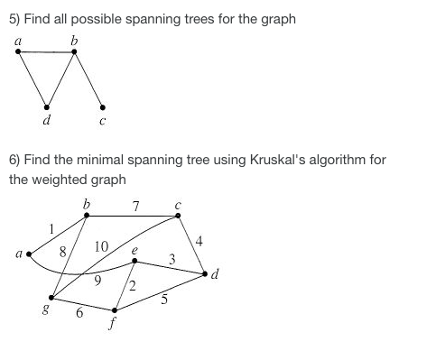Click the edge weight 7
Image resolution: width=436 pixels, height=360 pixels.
click(135, 207)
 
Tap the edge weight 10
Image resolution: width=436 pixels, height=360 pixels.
click(101, 246)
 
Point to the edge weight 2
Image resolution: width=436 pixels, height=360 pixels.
click(133, 287)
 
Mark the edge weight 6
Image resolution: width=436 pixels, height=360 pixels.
click(79, 312)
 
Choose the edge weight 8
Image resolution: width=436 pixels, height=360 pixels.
click(62, 254)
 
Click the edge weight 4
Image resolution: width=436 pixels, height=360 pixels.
click(199, 240)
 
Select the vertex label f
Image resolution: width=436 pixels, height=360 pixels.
click(115, 326)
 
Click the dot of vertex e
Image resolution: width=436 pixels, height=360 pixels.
click(135, 262)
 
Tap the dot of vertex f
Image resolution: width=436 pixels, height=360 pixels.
click(114, 310)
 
